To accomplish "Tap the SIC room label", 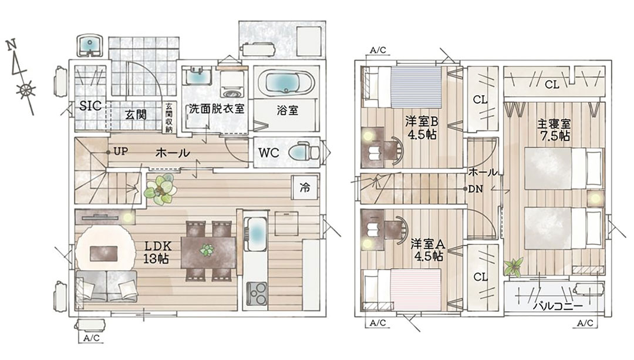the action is click(x=90, y=106).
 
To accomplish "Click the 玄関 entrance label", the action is click(x=136, y=115).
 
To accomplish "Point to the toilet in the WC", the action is click(x=304, y=153).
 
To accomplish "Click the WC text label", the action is click(x=269, y=153).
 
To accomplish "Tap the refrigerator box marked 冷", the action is click(x=305, y=187).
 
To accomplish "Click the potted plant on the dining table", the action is click(x=207, y=250).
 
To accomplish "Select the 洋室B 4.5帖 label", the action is click(x=421, y=128).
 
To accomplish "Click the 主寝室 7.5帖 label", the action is click(x=554, y=130).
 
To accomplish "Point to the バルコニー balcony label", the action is click(x=558, y=305).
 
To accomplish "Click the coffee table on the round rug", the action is click(x=104, y=254).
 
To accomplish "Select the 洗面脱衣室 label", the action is click(x=217, y=109).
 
